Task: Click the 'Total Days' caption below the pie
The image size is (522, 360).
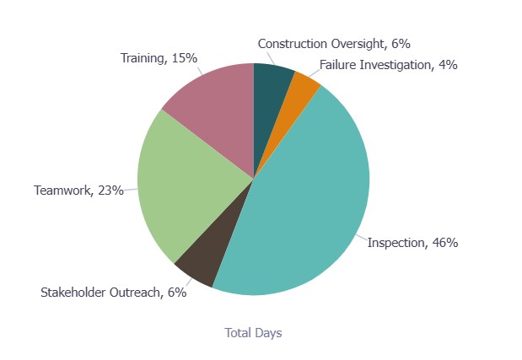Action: (x=253, y=333)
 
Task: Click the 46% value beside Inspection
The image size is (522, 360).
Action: (x=444, y=243)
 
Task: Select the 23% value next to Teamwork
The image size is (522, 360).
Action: (x=110, y=191)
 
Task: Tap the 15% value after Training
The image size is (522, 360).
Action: (x=184, y=58)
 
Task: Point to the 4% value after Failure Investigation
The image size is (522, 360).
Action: (x=448, y=65)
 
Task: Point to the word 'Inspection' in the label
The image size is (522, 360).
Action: (x=396, y=243)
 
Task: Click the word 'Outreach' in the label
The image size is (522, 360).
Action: (x=139, y=293)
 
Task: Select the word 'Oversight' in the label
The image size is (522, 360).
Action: (x=358, y=43)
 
